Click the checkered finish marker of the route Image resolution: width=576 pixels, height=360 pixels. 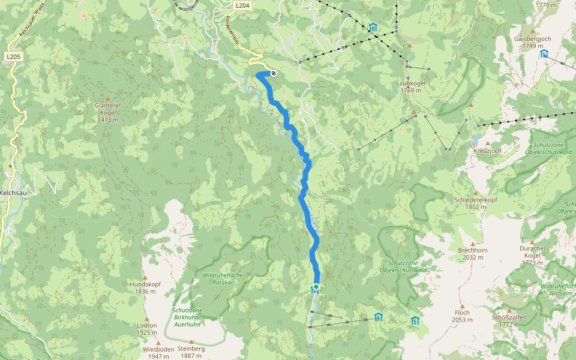pos(274,73)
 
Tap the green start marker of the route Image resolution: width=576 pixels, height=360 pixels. pos(316,286)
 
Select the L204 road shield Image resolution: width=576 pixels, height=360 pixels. pos(242,5)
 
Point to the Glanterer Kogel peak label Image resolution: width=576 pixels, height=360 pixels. pos(108,109)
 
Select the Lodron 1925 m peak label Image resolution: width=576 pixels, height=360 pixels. pos(146,329)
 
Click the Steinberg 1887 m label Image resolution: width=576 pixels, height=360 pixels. pos(191,352)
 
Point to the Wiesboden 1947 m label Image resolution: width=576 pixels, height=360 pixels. pos(158,352)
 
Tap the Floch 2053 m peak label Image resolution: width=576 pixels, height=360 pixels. pos(462,316)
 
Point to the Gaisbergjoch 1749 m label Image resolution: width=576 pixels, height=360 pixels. pos(532,42)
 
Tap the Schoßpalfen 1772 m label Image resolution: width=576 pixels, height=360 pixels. pos(509,320)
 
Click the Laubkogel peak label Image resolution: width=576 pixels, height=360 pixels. pos(410,86)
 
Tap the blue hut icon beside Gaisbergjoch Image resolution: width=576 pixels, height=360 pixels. pos(544,53)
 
